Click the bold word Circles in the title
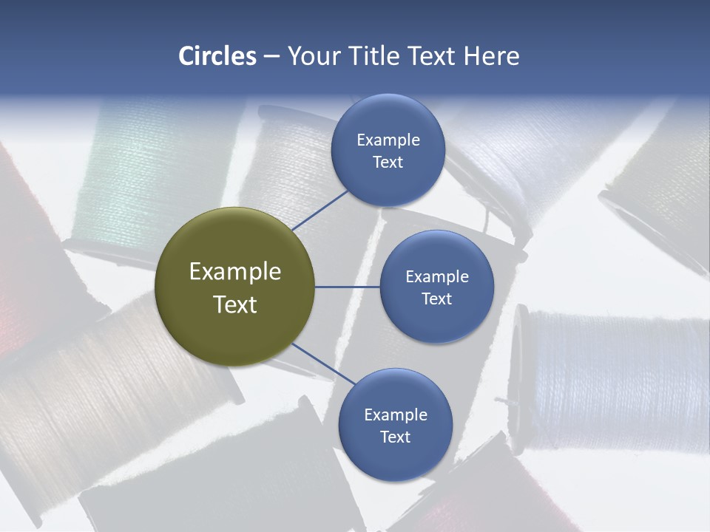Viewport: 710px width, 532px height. (x=217, y=56)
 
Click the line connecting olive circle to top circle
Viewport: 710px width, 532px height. (x=320, y=211)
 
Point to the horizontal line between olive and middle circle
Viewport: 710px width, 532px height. (x=347, y=287)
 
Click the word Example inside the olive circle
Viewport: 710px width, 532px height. (x=235, y=271)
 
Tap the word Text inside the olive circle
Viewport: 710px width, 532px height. (x=235, y=304)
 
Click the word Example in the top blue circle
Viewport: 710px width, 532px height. (x=388, y=140)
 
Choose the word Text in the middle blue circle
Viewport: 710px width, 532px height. (x=436, y=299)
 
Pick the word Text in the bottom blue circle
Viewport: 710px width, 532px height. (x=395, y=437)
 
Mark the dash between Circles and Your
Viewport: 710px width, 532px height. (x=271, y=56)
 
